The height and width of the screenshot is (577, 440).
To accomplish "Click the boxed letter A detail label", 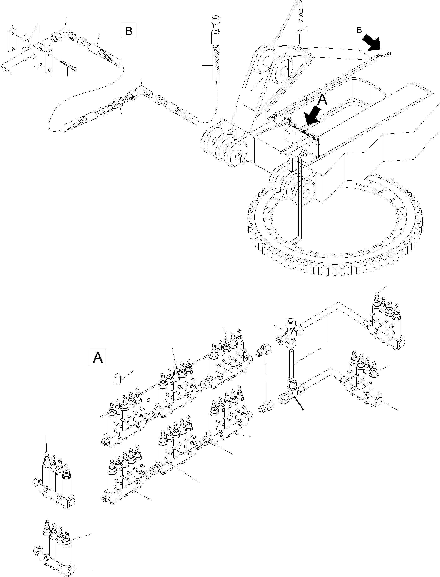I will (x=98, y=357).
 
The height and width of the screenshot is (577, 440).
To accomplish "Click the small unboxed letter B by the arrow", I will (x=359, y=30).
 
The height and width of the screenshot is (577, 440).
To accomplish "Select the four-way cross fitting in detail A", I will (x=291, y=331).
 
